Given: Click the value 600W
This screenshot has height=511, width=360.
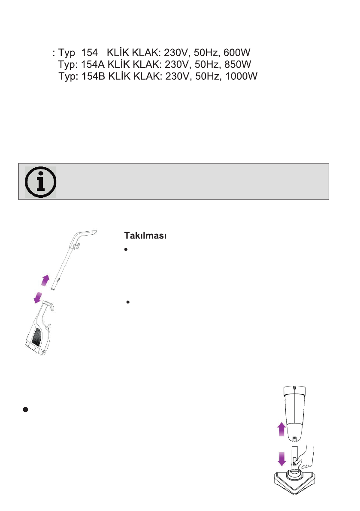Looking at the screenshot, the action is coord(236,52).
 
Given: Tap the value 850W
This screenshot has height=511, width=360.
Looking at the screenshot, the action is coord(238,64).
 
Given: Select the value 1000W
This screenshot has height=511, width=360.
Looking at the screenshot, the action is coord(242,76).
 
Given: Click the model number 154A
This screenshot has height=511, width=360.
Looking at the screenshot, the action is coord(93,64).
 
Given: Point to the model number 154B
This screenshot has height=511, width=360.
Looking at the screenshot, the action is coord(94,76).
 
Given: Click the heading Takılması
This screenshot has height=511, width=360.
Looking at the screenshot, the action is coord(145,235).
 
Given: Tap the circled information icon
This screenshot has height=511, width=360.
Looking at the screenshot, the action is coord(41,182).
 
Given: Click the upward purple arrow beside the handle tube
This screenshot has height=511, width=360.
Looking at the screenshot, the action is coord(45,280).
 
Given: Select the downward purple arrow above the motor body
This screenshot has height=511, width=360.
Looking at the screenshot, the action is coord(38,297).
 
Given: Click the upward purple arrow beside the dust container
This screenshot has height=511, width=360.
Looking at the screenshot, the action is coord(281,429).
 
